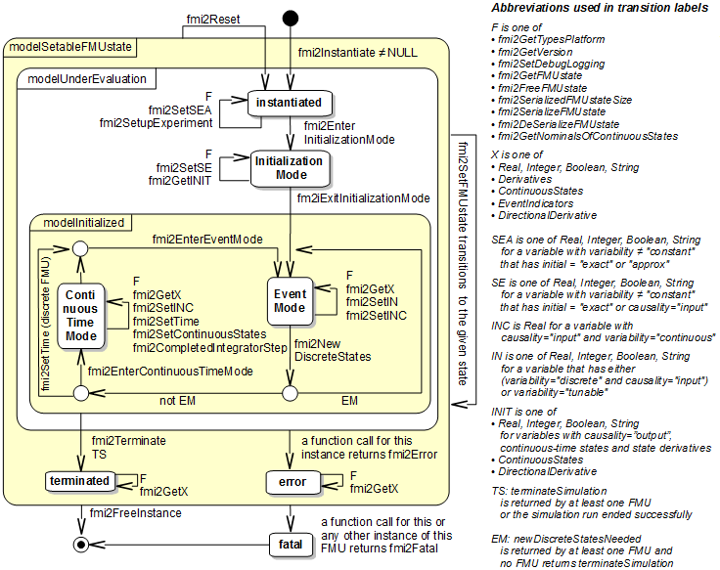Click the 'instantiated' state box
290,102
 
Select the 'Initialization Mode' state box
291,167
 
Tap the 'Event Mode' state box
290,301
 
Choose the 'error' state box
292,481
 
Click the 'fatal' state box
292,544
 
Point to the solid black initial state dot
291,19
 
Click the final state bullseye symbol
81,544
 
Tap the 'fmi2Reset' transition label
213,20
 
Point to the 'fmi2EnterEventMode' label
206,239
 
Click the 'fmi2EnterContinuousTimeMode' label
170,371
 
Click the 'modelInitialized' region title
84,222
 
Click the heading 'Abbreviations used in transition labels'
601,9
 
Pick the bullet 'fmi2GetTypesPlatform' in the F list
552,39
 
